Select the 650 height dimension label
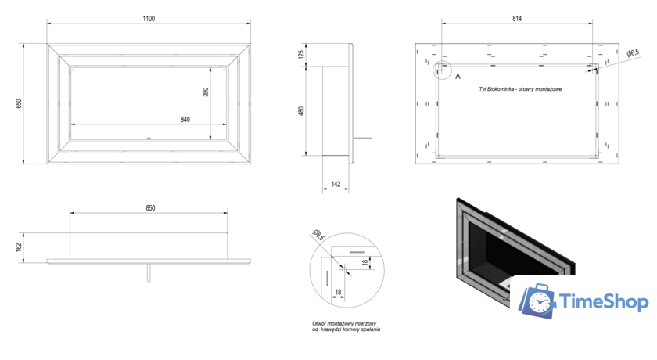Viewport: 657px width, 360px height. click(17, 104)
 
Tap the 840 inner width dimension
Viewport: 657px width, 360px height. click(185, 120)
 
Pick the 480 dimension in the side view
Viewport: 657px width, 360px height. click(300, 111)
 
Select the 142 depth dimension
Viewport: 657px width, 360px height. click(336, 185)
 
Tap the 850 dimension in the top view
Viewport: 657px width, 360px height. click(149, 207)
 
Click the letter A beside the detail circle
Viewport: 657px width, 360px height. click(458, 77)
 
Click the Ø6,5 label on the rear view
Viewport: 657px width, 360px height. click(633, 52)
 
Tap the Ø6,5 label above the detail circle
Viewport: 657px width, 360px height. click(318, 235)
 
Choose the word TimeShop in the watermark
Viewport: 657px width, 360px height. click(605, 301)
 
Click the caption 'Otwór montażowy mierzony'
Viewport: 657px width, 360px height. click(345, 323)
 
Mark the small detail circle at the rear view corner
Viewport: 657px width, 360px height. click(443, 70)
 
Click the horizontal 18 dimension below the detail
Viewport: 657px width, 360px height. click(339, 291)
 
